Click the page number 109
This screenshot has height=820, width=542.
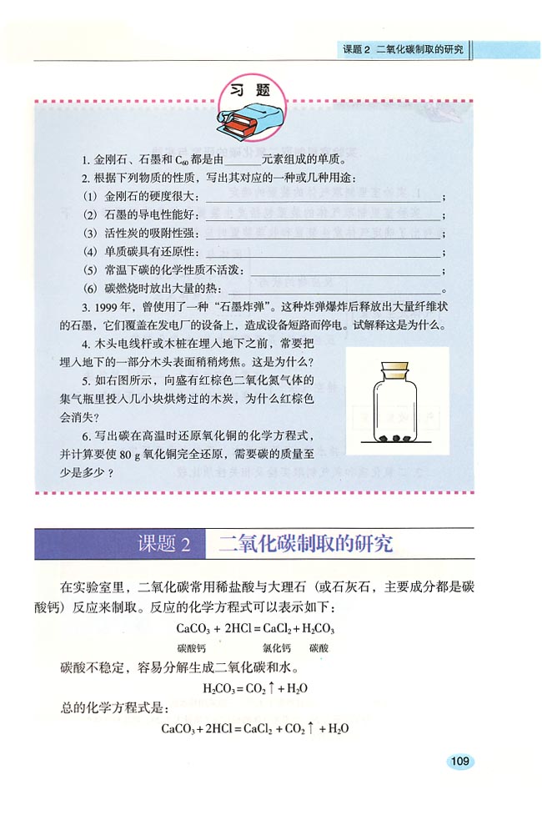click(x=459, y=761)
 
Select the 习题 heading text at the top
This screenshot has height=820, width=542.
click(x=251, y=91)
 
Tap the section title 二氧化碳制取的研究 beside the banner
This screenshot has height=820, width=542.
click(x=304, y=544)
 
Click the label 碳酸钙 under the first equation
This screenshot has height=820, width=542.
click(x=191, y=647)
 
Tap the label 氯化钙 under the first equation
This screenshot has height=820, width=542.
click(x=276, y=647)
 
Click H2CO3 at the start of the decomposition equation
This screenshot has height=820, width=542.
click(x=220, y=689)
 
